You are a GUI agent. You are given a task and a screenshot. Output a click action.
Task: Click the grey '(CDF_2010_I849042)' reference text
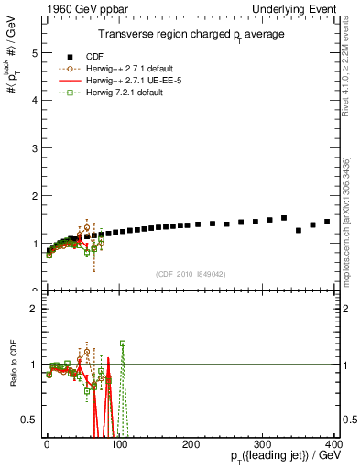pos(190,273)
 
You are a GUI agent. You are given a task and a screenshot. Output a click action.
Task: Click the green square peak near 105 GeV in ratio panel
pos(123,344)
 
